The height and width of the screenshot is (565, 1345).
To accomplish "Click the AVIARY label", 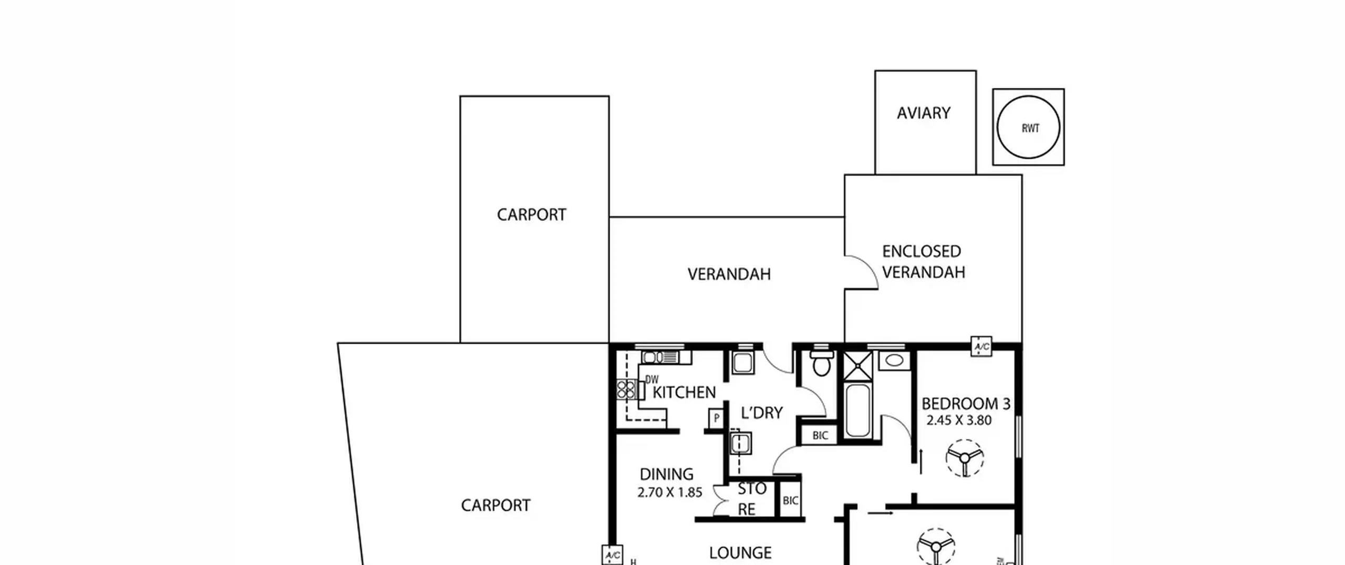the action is point(923,113).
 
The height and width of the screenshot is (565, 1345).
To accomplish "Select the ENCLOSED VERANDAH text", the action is point(923,262).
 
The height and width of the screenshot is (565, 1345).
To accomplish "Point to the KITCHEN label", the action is point(684,393).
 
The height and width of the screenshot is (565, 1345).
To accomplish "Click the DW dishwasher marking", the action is point(651,379).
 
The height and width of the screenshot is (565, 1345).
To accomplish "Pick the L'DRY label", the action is point(761,413).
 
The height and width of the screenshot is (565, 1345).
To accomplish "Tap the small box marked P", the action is point(716,419).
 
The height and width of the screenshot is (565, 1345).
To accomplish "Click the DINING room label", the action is point(666,475).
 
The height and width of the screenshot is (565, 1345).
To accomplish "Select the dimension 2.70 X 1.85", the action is point(669,493).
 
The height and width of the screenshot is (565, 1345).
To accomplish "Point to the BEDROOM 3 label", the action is point(966,404).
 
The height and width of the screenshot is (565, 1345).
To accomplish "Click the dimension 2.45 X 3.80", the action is point(959,420).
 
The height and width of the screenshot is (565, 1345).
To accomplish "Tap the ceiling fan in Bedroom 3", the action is point(965,458).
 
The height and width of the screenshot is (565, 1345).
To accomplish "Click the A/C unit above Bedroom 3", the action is point(981,347).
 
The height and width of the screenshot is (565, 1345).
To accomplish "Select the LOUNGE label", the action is point(740,553).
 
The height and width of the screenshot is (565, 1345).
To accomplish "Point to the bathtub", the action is point(858,410).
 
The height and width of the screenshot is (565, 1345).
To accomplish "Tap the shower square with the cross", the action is point(857,366).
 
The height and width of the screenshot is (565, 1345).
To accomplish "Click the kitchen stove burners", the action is point(626,390).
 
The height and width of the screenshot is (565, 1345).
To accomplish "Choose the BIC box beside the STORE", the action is point(790,500).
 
